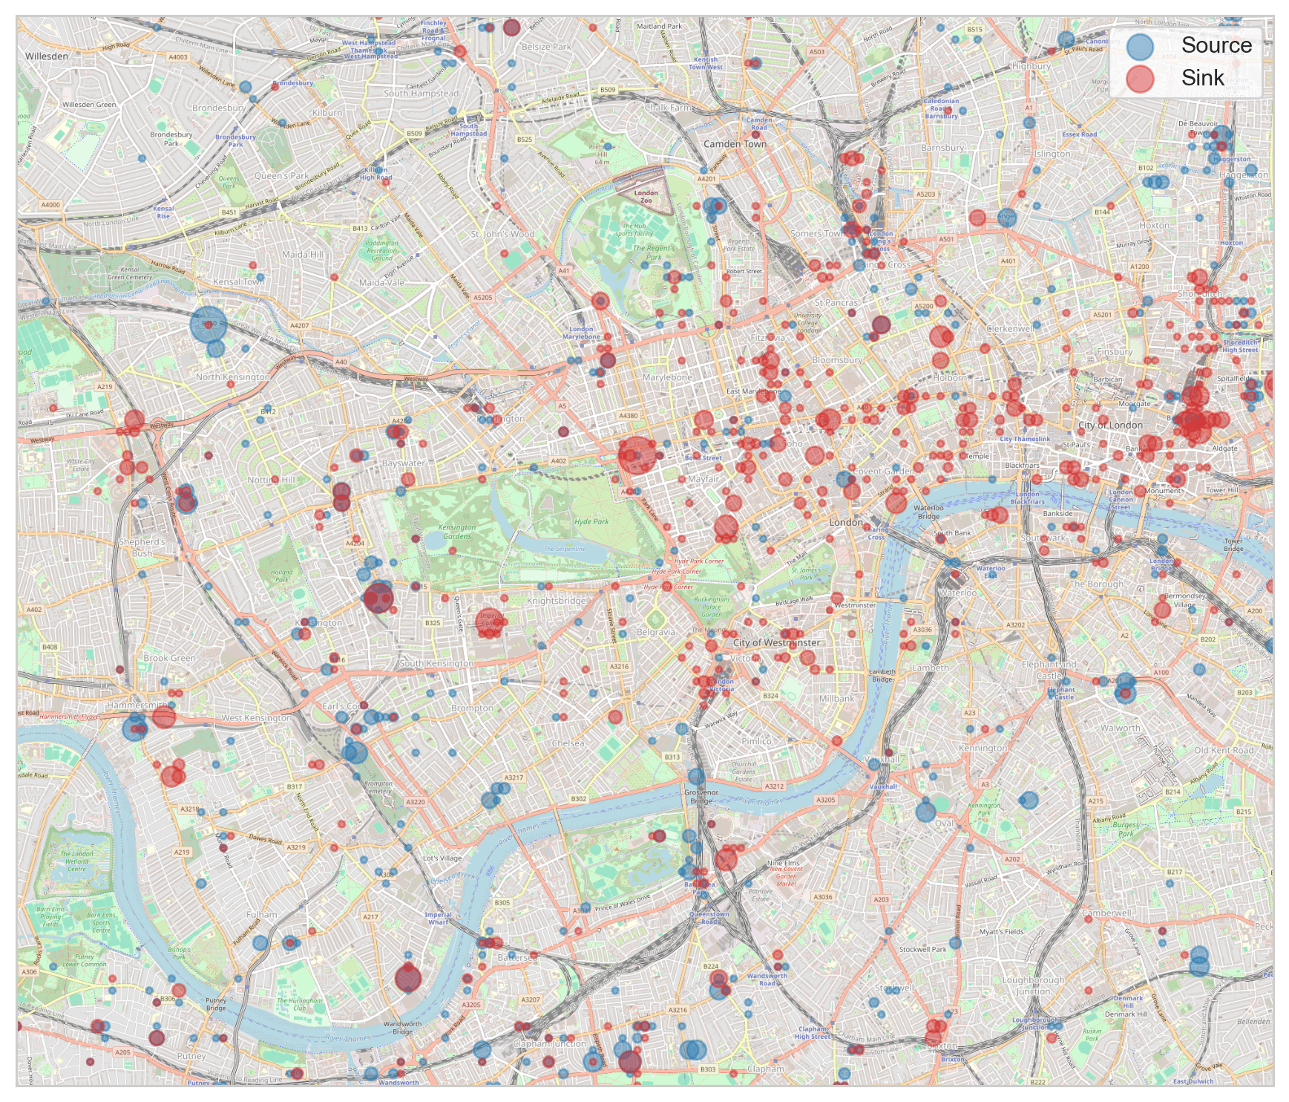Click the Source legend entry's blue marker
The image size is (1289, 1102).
[x=1140, y=46]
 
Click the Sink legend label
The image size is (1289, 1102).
[x=1202, y=78]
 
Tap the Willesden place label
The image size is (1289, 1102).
[x=47, y=56]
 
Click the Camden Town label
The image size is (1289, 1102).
[x=735, y=144]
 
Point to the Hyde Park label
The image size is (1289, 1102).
[x=591, y=521]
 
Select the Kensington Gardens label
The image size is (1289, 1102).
[x=457, y=532]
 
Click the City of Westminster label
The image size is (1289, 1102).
[x=776, y=643]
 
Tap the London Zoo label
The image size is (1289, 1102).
[x=646, y=197]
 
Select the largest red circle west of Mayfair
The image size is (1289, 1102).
[x=637, y=455]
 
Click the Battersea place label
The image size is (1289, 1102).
[x=517, y=958]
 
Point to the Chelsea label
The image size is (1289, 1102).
[x=568, y=743]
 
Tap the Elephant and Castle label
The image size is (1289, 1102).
[x=1049, y=670]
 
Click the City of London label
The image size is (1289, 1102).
[x=1110, y=426]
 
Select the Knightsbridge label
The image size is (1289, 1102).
[x=556, y=601]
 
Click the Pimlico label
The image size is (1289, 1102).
[x=756, y=741]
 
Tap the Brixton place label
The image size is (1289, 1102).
[x=942, y=1046]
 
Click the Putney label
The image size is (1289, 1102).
[x=191, y=1056]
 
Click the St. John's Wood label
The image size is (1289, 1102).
[x=502, y=234]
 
